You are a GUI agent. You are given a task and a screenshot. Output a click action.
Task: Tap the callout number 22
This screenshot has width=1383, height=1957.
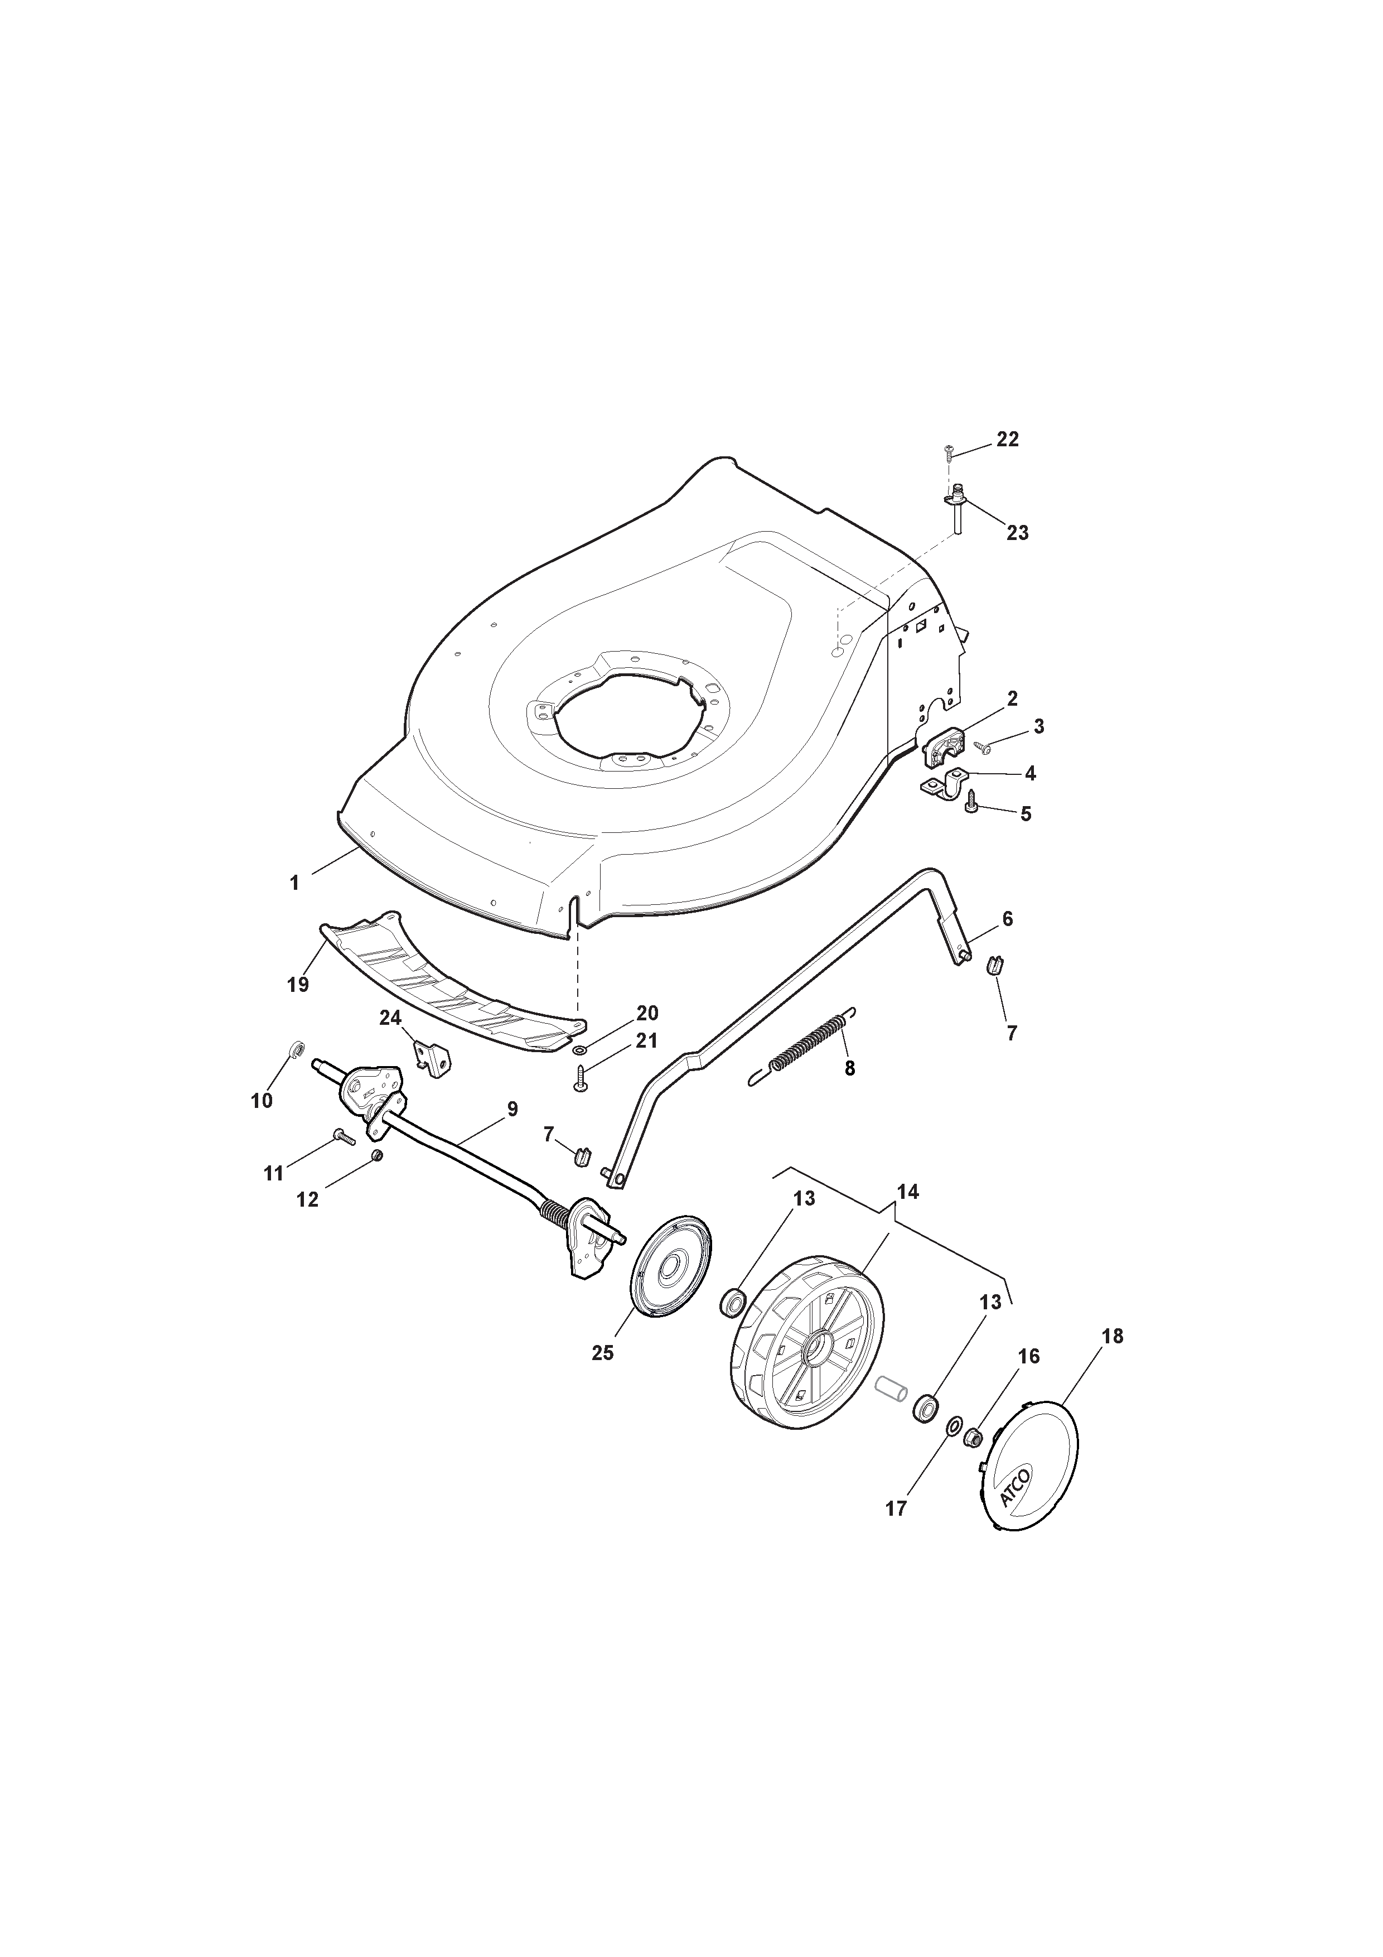(1007, 440)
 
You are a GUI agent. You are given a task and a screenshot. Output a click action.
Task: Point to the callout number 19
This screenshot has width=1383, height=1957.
(297, 985)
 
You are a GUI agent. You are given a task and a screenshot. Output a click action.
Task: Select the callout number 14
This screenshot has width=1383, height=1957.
(908, 1192)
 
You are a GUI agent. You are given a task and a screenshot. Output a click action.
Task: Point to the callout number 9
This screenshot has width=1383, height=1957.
(511, 1109)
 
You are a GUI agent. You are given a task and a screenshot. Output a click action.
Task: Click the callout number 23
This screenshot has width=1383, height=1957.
(1017, 533)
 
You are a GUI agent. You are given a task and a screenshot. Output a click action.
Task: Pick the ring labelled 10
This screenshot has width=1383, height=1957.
(297, 1048)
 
